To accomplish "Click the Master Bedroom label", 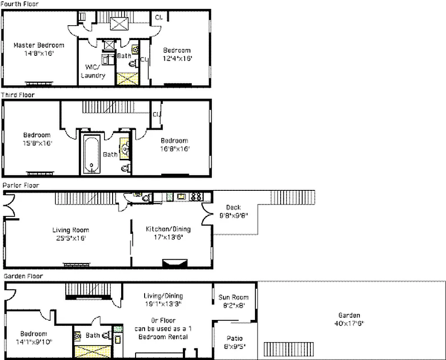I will click(x=39, y=45).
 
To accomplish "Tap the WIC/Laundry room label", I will click(x=93, y=72).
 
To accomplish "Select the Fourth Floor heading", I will click(x=19, y=4).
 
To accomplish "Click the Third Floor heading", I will click(x=18, y=95).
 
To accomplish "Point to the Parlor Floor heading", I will click(x=21, y=185).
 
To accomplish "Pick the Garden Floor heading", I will click(x=23, y=276).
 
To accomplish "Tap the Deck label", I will click(x=233, y=207).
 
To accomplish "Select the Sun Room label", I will click(x=233, y=297).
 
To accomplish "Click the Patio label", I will click(x=234, y=338).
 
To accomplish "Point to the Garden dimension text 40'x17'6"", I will click(x=349, y=323).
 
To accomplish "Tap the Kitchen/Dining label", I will click(x=168, y=229).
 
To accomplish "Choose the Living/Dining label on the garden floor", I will click(x=163, y=296).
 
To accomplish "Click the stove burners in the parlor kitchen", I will click(x=196, y=196).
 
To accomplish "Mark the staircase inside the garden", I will click(x=279, y=349).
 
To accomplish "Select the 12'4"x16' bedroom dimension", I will click(x=177, y=58).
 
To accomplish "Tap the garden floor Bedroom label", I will click(x=33, y=334).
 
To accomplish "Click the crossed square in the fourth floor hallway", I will click(x=119, y=23).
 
